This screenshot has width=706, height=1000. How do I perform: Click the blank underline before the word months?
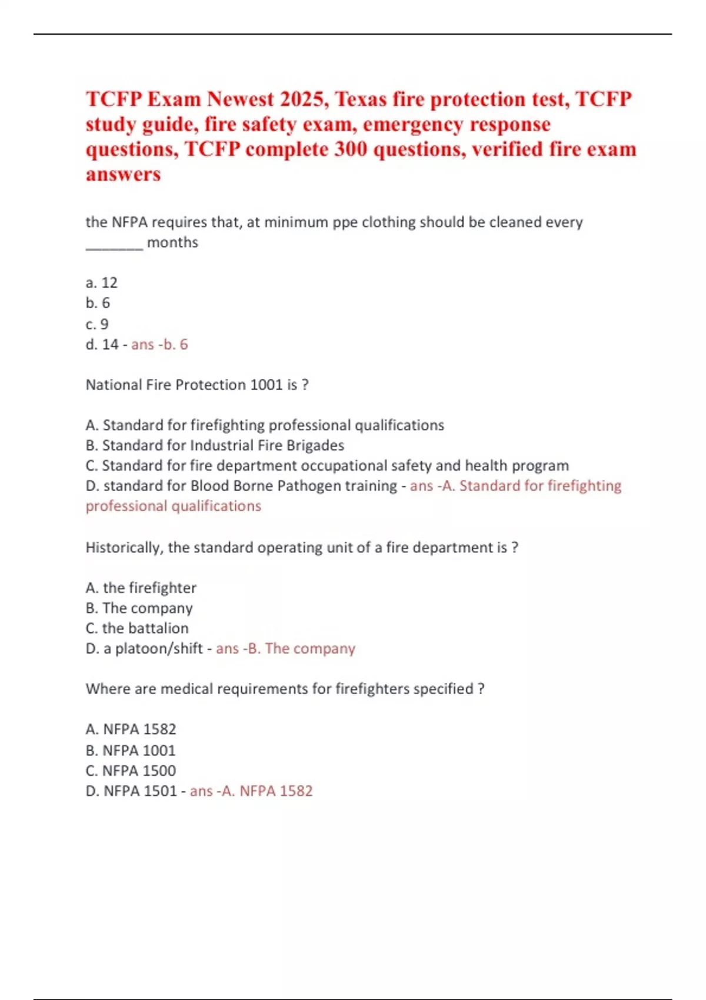point(114,245)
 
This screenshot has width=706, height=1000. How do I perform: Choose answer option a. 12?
point(102,283)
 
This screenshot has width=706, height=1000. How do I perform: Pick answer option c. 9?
point(97,324)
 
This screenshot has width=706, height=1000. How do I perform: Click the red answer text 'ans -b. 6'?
point(159,345)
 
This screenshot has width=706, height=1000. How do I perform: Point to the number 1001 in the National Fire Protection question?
point(267,385)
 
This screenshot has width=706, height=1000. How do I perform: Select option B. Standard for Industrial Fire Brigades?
point(215,445)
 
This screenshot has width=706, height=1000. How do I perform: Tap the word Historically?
point(124,548)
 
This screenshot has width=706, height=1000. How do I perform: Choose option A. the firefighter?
point(141,588)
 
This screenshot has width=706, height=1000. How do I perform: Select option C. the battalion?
point(137,628)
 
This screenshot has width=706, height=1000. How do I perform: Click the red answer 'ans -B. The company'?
point(285,648)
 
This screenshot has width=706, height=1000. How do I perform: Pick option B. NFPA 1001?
point(131,751)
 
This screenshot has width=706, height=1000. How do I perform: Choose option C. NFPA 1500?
point(131,771)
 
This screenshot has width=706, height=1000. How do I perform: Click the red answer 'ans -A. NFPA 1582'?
point(251,791)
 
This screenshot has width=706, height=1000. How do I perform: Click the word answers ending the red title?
point(124,175)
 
